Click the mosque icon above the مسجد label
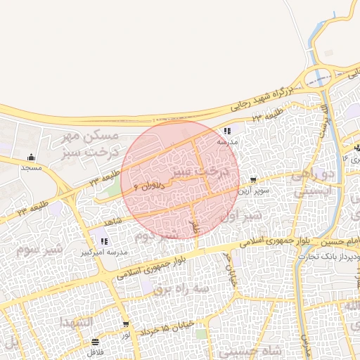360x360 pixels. click(30, 157)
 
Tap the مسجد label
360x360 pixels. click(31, 168)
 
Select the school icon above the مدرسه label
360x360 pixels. click(226, 131)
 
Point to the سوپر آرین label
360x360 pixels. click(251, 191)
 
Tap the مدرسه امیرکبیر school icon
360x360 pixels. click(105, 241)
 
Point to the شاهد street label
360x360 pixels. click(112, 222)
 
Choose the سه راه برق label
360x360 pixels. click(181, 288)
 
